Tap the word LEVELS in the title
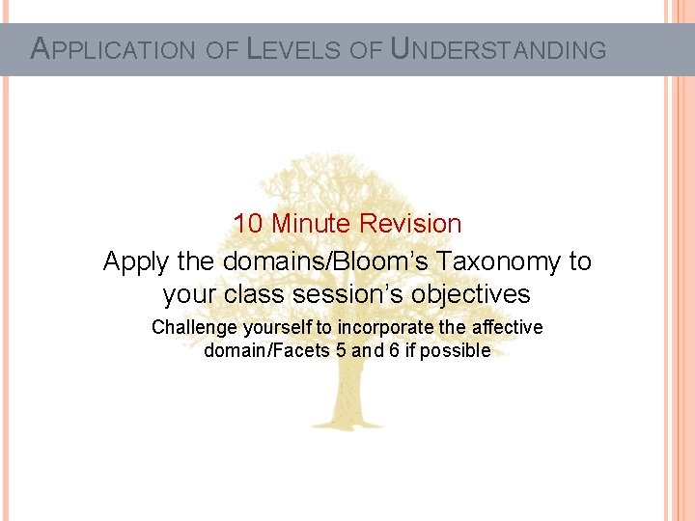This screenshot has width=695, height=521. (292, 49)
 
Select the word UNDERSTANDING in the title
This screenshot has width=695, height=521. (498, 49)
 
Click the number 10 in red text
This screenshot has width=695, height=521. (248, 224)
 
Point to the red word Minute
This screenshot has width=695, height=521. (311, 224)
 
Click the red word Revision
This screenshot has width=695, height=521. (410, 224)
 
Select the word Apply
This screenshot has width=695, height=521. (134, 261)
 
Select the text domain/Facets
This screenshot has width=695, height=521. (266, 351)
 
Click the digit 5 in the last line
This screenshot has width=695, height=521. (340, 351)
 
